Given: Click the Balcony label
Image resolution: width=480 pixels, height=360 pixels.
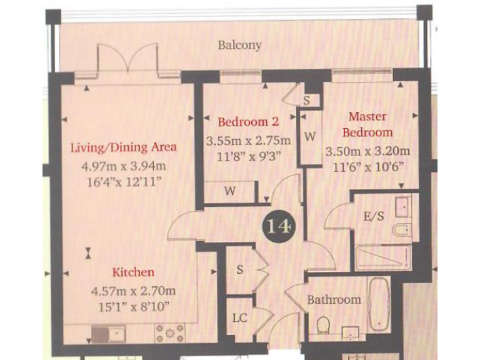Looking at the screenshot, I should pos(240,45).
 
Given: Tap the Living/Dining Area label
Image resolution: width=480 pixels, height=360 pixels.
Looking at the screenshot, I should pos(123,147).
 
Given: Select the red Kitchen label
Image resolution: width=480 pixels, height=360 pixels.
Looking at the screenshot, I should pos(132,272).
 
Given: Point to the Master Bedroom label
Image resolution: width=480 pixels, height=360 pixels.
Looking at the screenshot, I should pos(367,124).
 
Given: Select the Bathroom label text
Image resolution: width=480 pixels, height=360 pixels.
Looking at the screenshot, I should pos(334,299).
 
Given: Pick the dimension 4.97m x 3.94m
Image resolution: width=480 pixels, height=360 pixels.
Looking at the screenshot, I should pos(123,166).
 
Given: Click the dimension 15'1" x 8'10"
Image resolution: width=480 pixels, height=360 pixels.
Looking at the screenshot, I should pos(132,306).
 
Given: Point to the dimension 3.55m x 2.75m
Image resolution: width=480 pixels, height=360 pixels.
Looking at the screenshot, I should pos(248,140).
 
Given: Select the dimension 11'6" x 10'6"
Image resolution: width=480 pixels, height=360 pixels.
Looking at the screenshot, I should pos(367,167).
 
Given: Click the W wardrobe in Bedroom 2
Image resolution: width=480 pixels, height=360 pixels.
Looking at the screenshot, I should pos(230,191).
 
